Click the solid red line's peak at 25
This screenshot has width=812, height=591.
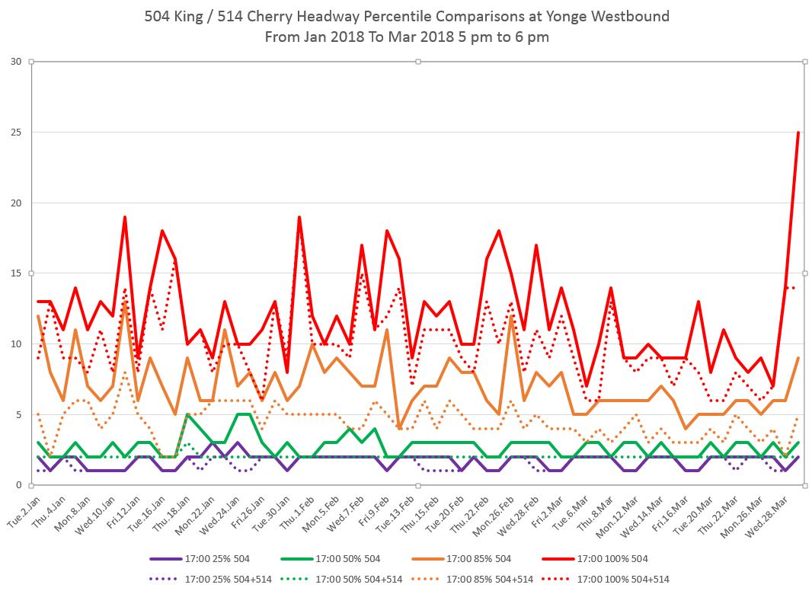[798, 133]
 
